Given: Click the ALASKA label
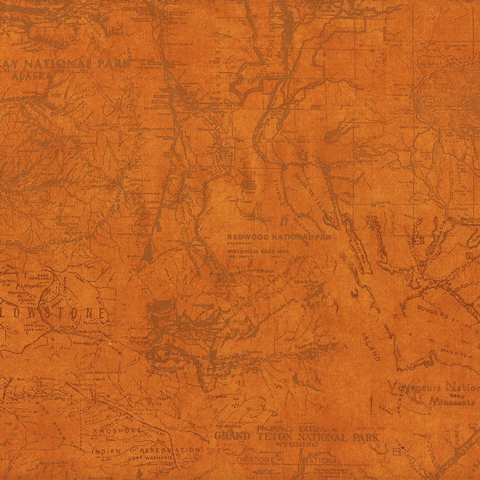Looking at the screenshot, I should coord(31,75).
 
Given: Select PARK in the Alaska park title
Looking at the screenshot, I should coord(113,63).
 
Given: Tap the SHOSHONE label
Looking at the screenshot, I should coord(119,429).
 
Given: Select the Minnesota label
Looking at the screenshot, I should coord(452,401).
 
